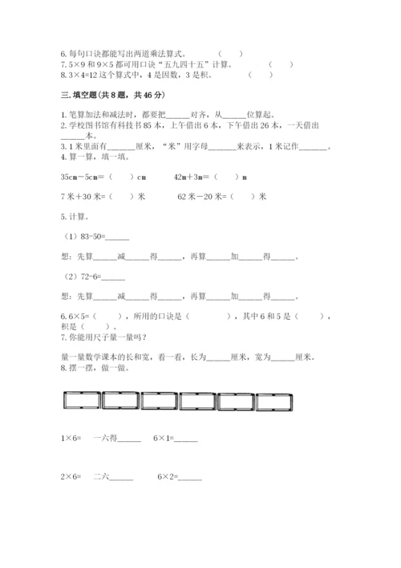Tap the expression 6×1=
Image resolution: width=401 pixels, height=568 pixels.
pyautogui.click(x=165, y=439)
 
